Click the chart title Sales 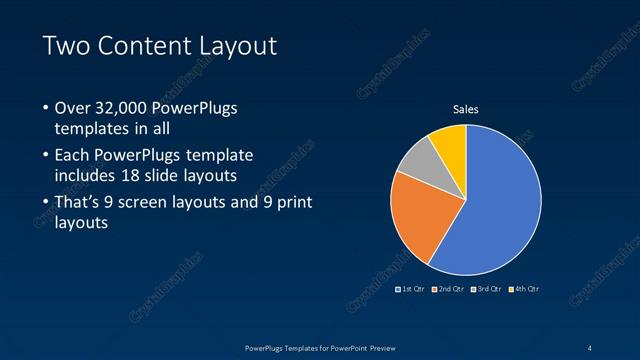466,109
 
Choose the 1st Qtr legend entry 411,289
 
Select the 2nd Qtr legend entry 449,289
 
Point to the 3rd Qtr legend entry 487,289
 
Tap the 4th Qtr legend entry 525,289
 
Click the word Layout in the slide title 238,46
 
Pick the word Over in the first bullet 73,108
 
